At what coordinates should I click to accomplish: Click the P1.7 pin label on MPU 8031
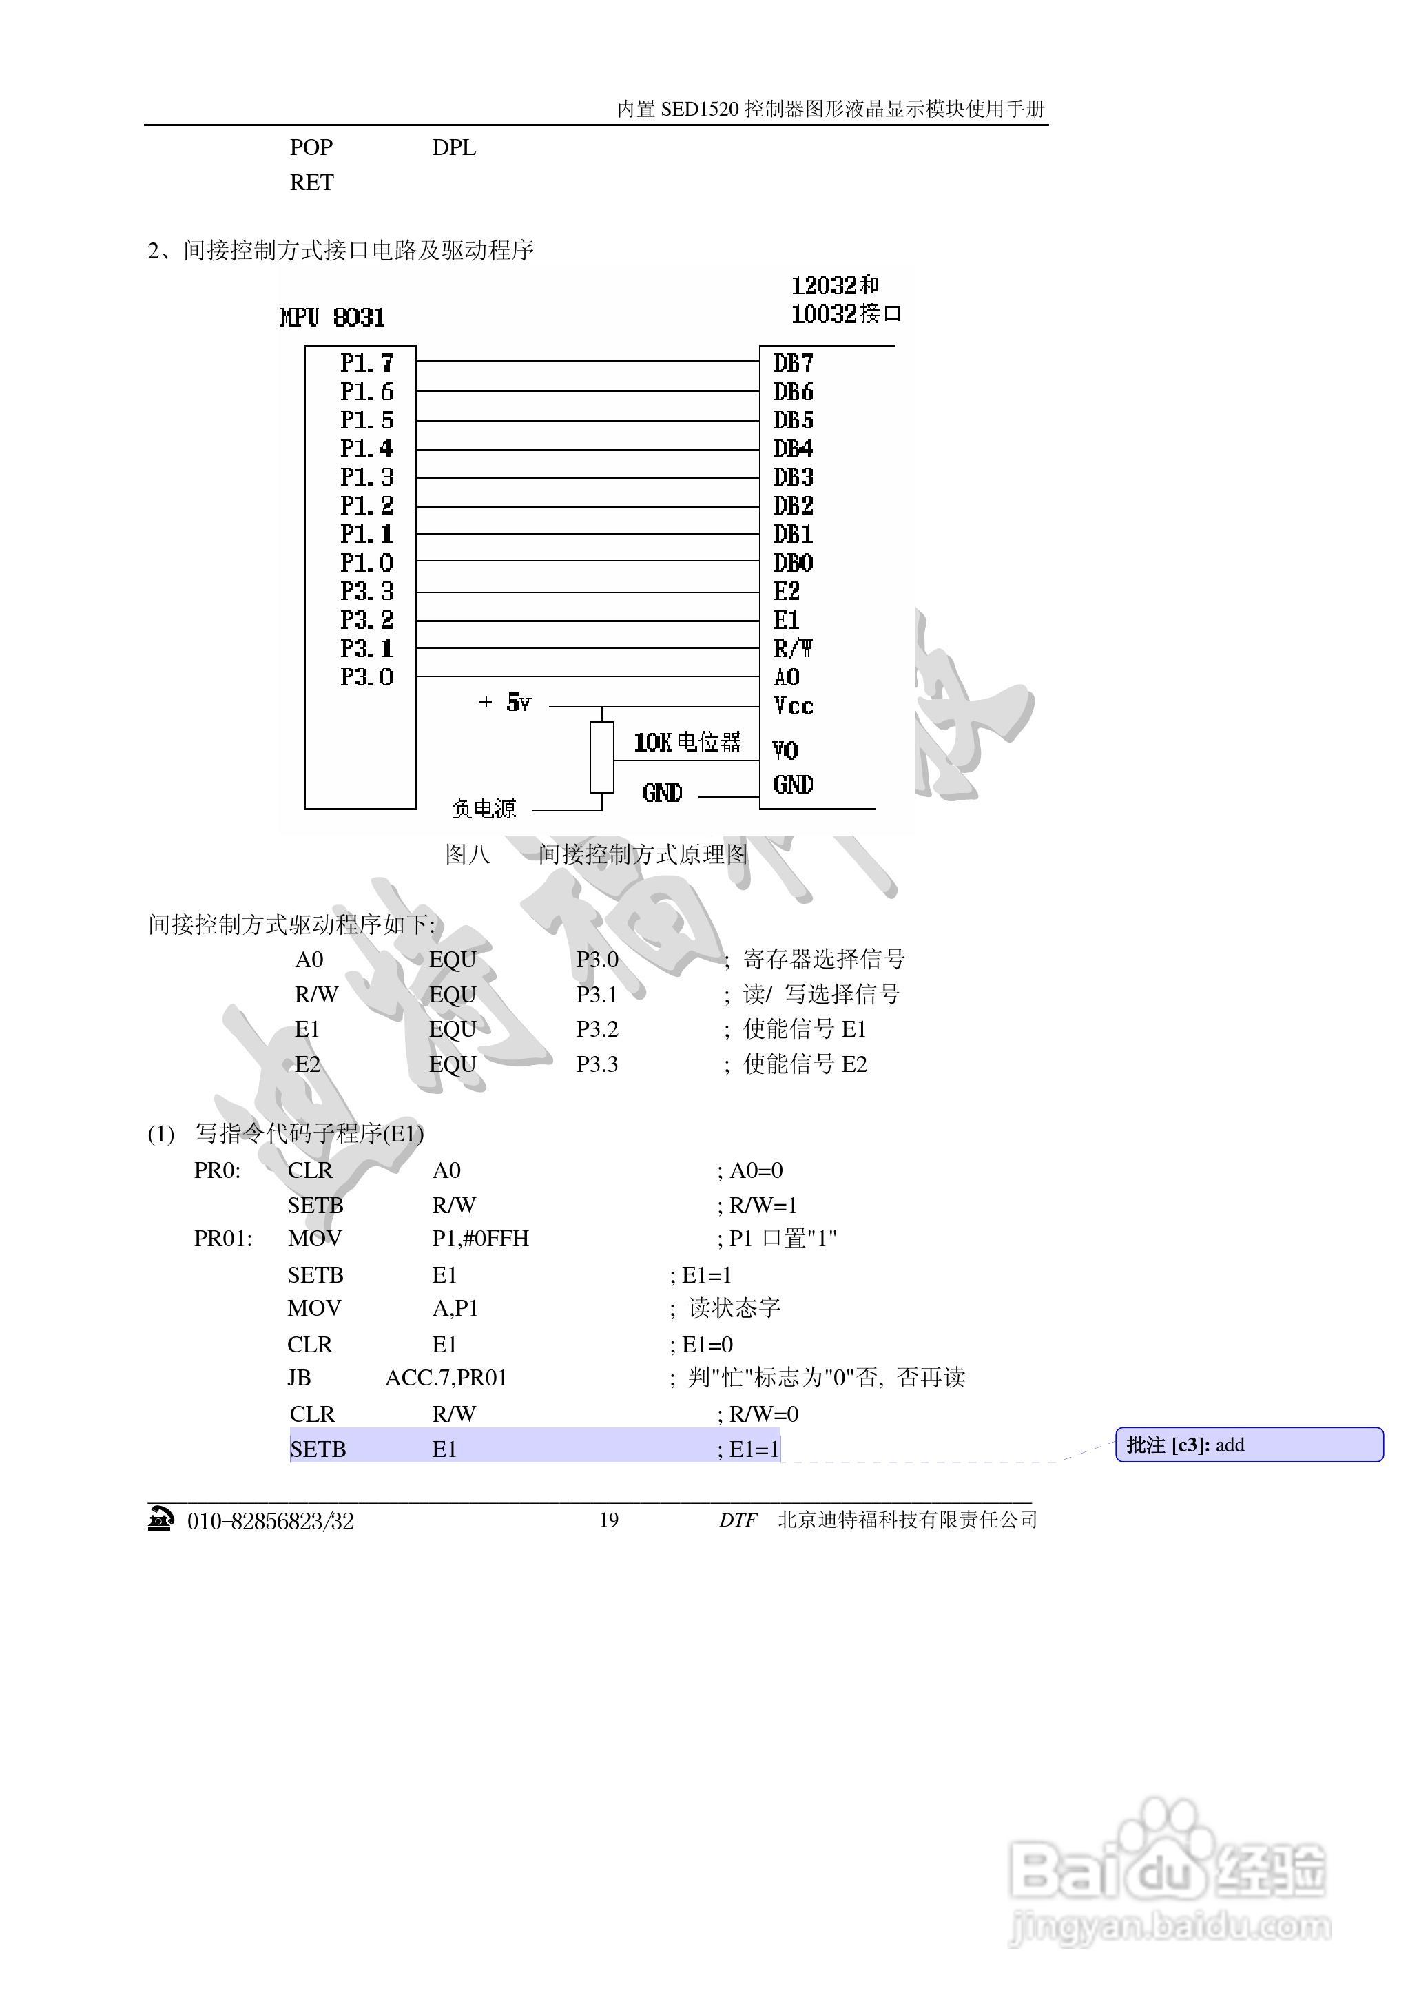coord(367,362)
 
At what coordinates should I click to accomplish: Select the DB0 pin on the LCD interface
coord(794,563)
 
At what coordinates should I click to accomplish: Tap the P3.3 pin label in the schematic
coord(367,592)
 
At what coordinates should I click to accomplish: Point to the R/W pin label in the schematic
coord(794,648)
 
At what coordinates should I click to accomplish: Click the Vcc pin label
coord(794,706)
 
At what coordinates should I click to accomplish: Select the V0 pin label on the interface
coord(785,750)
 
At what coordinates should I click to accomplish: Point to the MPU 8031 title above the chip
coord(333,317)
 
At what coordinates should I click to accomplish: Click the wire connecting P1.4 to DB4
coord(587,450)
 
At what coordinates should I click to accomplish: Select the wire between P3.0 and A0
coord(587,677)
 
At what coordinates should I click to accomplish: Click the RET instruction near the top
coord(312,183)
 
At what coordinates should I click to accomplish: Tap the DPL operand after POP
coord(453,147)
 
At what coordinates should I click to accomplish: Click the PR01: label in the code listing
coord(222,1239)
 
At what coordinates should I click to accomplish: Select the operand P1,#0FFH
coord(481,1239)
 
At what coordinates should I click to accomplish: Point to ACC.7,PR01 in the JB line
coord(446,1378)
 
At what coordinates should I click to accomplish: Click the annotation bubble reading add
coord(1249,1445)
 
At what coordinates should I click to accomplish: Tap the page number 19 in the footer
coord(609,1520)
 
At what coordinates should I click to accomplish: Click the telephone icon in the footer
coord(160,1520)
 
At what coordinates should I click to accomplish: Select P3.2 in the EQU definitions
coord(597,1029)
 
